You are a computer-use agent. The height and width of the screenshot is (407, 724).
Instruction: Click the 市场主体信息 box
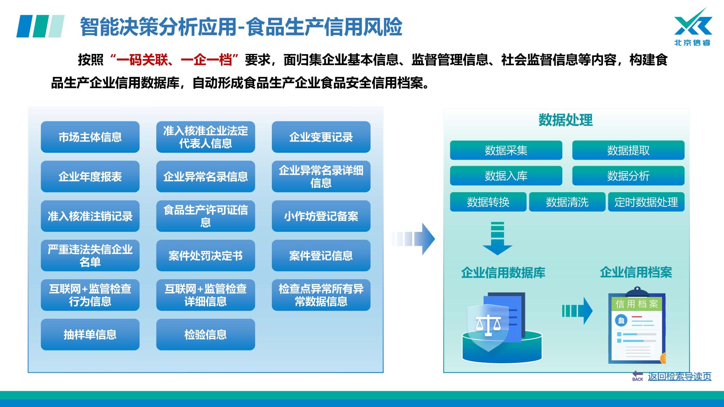[x=90, y=137]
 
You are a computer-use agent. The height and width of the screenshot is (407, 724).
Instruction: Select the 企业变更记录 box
[x=321, y=137]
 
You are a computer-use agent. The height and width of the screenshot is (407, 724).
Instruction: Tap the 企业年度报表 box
[x=90, y=176]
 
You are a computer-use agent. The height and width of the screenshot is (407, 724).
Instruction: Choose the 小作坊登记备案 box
[x=321, y=216]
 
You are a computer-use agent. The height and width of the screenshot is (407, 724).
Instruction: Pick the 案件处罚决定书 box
[x=206, y=256]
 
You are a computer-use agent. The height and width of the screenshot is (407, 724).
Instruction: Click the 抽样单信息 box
[x=90, y=334]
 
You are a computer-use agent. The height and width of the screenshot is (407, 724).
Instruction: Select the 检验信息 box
[x=206, y=334]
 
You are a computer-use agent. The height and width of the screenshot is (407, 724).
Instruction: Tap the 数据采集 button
[x=506, y=150]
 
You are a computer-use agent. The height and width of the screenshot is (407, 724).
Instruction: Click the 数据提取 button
[x=628, y=150]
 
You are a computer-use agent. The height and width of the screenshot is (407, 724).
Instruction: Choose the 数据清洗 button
[x=567, y=202]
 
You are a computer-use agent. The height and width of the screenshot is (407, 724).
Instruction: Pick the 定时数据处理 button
[x=646, y=202]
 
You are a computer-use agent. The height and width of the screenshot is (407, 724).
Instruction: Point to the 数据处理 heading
[x=565, y=120]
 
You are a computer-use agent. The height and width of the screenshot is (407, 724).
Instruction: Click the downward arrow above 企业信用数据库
[x=497, y=239]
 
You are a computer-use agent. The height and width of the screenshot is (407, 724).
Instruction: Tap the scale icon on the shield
[x=488, y=325]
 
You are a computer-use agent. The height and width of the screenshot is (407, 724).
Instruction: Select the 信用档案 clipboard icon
[x=637, y=326]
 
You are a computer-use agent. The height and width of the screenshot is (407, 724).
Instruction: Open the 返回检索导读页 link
[x=679, y=376]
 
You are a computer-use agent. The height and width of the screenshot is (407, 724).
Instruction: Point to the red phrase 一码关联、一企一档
[x=174, y=60]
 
